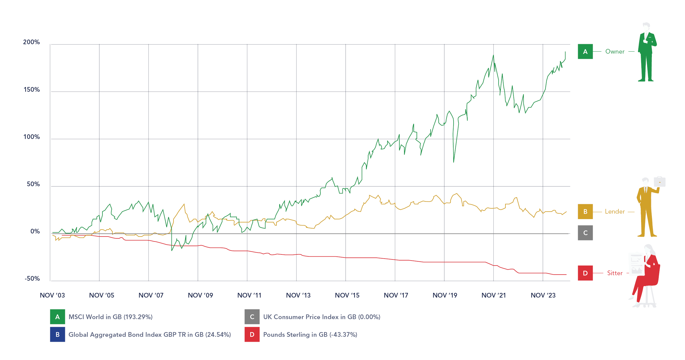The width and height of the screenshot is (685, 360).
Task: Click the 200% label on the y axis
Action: tap(31, 42)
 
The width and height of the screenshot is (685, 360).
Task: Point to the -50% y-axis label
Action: tap(32, 278)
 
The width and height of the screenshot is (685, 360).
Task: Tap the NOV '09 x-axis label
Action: tap(200, 295)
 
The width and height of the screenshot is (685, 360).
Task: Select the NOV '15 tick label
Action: tap(347, 295)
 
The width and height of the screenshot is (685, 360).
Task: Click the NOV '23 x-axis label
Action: tap(543, 295)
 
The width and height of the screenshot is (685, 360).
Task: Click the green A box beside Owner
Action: tap(585, 52)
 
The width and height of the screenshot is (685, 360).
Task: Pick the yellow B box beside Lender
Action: tap(585, 212)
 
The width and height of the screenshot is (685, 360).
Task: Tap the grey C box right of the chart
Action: tap(585, 233)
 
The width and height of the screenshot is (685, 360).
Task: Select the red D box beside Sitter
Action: tap(585, 273)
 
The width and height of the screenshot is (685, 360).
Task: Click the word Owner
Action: tap(615, 52)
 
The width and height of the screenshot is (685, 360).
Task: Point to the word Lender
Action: tap(615, 212)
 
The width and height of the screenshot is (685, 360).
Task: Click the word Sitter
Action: tap(615, 273)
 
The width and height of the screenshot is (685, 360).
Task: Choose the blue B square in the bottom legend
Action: tap(57, 335)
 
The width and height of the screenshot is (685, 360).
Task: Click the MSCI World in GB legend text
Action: tap(110, 317)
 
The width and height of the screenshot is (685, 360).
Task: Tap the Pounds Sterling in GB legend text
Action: tap(310, 335)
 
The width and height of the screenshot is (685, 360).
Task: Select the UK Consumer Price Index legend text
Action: tap(322, 317)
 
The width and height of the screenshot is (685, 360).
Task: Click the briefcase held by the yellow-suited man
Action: tap(660, 182)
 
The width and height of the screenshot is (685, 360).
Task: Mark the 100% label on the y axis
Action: tap(31, 137)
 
